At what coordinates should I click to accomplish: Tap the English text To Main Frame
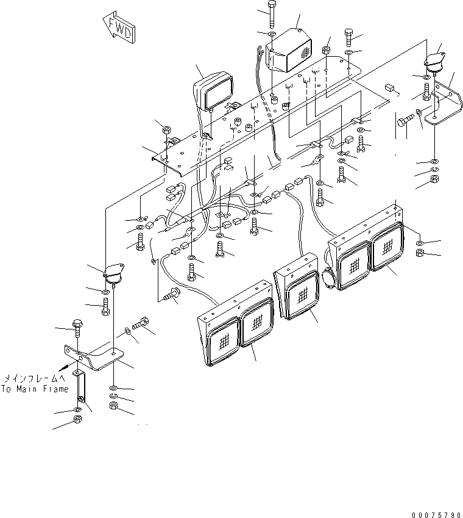pyautogui.click(x=35, y=389)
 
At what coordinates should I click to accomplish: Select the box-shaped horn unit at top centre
pyautogui.click(x=289, y=49)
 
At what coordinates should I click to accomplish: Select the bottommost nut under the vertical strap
pyautogui.click(x=78, y=420)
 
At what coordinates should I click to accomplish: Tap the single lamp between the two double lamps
pyautogui.click(x=299, y=295)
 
